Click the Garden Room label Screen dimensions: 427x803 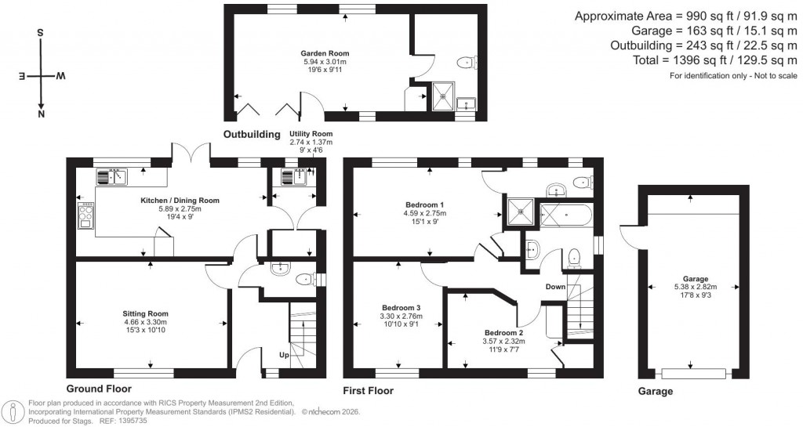tap(322, 53)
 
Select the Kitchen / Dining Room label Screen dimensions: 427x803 tap(180, 201)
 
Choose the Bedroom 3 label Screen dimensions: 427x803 tap(401, 307)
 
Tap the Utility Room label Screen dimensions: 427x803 tap(311, 134)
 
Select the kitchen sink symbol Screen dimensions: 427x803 tap(111, 176)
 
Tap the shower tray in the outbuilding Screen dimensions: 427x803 tap(443, 98)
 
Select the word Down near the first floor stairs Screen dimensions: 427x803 tap(555, 287)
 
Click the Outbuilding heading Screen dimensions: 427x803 tap(252, 135)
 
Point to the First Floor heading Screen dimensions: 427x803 tap(368, 390)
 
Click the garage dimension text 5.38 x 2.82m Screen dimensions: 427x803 tap(695, 287)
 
